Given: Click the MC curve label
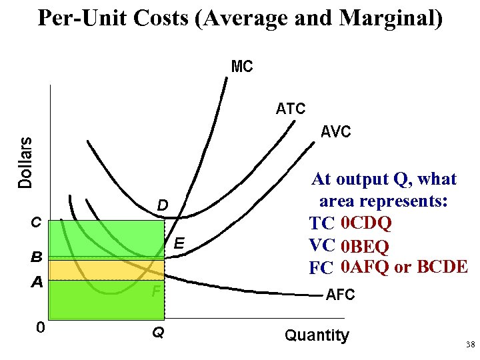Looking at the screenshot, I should (x=241, y=67).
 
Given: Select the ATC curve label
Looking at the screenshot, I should (x=291, y=109).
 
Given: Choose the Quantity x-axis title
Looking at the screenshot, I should (x=317, y=335).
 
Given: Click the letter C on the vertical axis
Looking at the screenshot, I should (x=37, y=222).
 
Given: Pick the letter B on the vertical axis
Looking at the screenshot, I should (x=37, y=257).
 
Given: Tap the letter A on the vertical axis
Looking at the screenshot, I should (x=37, y=283).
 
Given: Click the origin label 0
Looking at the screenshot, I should (x=41, y=327).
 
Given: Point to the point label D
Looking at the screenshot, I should (x=162, y=204).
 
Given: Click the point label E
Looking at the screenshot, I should (x=179, y=244).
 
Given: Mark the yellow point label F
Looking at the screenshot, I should (x=155, y=291).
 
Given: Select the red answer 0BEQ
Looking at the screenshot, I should (x=365, y=246).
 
